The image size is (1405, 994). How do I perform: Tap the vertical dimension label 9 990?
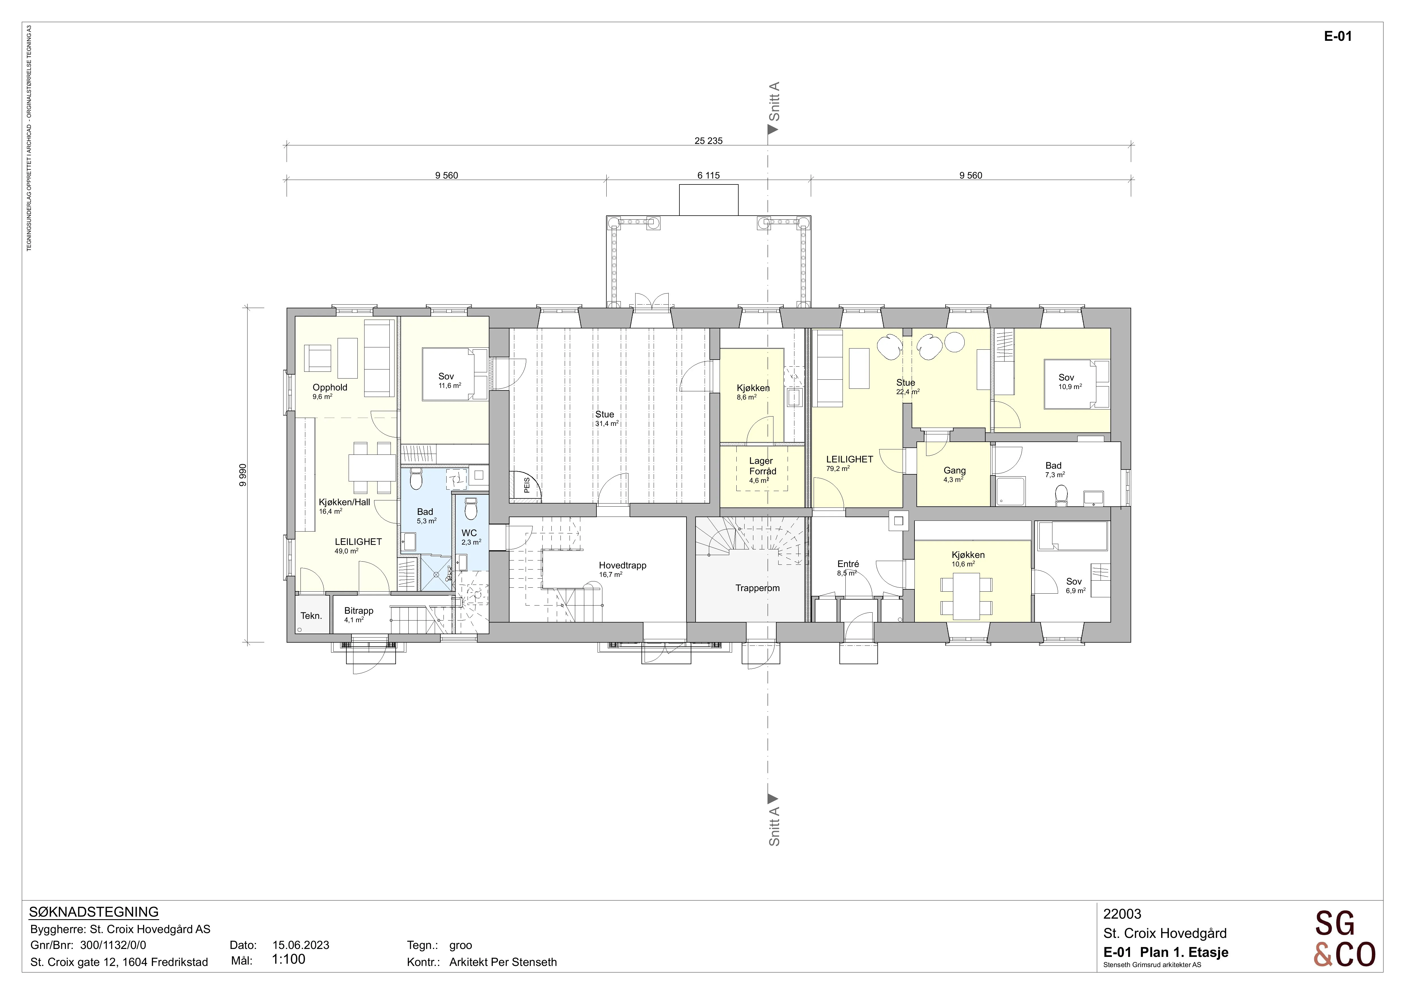pyautogui.click(x=243, y=475)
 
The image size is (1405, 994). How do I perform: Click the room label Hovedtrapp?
pyautogui.click(x=622, y=566)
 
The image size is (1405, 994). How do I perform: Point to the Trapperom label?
pyautogui.click(x=758, y=588)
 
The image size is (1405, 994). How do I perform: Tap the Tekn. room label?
pyautogui.click(x=311, y=616)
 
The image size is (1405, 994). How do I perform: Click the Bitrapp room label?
pyautogui.click(x=359, y=611)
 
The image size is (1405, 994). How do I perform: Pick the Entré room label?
pyautogui.click(x=848, y=564)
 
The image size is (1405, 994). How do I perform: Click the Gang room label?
pyautogui.click(x=955, y=471)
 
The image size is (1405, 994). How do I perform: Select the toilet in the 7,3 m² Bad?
pyautogui.click(x=1062, y=494)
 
